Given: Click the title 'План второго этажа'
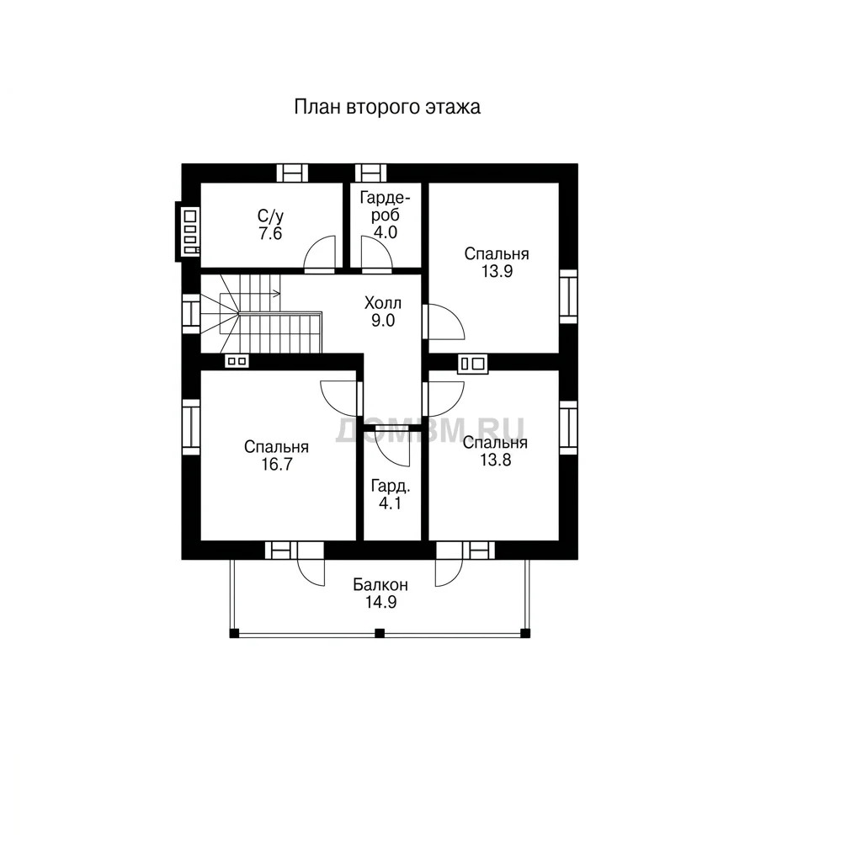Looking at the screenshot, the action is (387, 107).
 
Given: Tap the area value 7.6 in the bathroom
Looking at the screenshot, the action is (270, 234).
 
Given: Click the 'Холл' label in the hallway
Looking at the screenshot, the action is (383, 303).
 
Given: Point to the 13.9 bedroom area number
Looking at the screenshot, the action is (497, 271).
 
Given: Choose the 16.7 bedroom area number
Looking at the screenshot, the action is (276, 465).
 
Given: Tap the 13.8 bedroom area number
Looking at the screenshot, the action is (496, 460).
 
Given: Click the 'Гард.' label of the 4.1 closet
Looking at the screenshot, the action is (391, 486).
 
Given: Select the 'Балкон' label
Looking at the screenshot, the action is (380, 584).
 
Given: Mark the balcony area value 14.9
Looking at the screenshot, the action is (381, 603).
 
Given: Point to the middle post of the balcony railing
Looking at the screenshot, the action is (380, 633).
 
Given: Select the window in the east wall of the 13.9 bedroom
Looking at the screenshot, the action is (568, 297).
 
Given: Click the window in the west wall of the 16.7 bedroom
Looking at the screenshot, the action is (191, 428).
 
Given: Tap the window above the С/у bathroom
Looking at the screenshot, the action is (292, 173).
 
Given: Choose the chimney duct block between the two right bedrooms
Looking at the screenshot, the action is (473, 364).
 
